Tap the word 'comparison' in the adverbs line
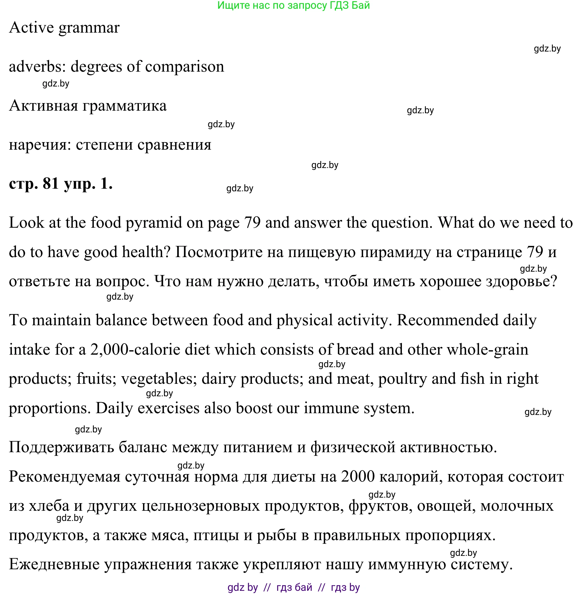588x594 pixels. [x=185, y=67]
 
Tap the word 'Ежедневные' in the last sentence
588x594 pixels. [x=54, y=565]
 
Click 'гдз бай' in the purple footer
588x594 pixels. [x=294, y=588]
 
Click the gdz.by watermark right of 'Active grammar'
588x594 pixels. [x=547, y=49]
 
